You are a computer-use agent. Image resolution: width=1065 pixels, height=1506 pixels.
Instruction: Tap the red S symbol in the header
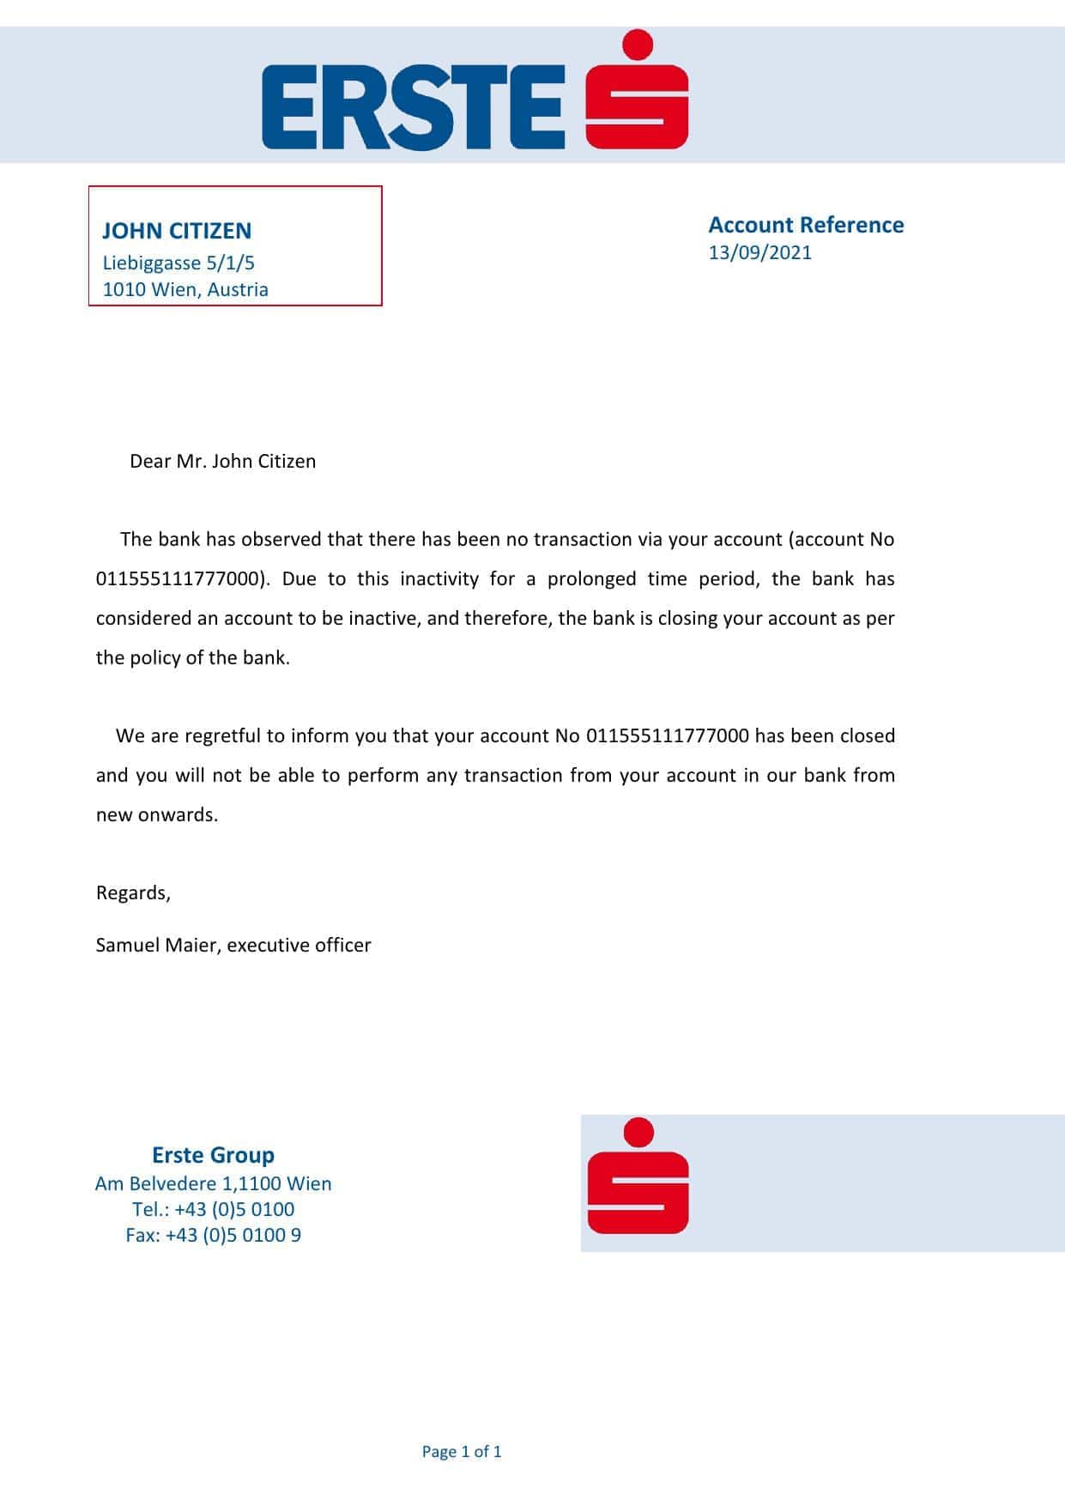(638, 90)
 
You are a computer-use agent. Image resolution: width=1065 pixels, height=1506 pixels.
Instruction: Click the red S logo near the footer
(638, 1176)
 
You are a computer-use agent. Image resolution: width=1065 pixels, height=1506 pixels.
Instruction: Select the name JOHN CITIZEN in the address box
(177, 231)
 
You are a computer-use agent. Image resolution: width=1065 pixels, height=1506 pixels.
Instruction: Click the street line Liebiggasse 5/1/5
(179, 263)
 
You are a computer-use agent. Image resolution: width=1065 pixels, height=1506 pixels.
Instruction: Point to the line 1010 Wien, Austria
(185, 289)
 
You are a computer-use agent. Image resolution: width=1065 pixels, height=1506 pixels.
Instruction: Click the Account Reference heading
(806, 225)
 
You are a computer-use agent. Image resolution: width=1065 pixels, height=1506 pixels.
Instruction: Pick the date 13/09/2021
(759, 252)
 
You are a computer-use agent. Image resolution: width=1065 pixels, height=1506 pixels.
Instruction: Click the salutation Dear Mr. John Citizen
(222, 461)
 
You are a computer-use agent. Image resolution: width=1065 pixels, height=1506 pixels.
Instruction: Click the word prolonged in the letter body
(592, 578)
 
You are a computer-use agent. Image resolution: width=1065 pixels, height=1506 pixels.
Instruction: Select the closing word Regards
(133, 892)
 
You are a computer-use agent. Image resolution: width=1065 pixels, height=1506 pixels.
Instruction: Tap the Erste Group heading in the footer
(213, 1155)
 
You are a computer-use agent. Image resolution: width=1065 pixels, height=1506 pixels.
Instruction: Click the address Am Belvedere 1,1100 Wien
(213, 1183)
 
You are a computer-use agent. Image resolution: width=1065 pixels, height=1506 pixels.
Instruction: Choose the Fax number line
(213, 1235)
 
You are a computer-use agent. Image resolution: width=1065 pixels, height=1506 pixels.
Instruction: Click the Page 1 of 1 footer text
(462, 1452)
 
